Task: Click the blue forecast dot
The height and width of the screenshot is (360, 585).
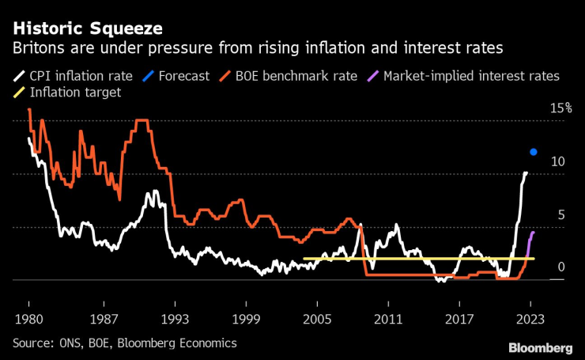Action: (534, 152)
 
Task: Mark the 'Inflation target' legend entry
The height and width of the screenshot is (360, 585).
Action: (72, 93)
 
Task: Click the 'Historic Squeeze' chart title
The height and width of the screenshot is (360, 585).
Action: (88, 29)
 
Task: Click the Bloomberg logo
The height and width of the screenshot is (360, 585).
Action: (540, 348)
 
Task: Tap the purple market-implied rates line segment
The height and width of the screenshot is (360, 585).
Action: (530, 240)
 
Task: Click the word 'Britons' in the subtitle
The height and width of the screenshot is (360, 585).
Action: (37, 48)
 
